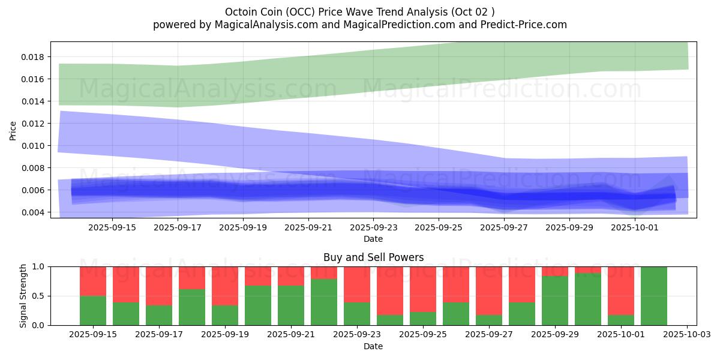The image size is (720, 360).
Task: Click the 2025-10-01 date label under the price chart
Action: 635,227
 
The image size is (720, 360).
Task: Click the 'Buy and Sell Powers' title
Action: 373,257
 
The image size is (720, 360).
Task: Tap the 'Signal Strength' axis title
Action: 23,295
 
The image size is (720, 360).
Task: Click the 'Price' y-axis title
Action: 13,130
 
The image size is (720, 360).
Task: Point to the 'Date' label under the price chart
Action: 373,239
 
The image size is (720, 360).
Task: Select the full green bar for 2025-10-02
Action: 653,296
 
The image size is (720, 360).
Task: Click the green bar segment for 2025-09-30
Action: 588,299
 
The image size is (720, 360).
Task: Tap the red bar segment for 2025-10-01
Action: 621,290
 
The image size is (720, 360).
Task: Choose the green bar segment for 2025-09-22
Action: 324,302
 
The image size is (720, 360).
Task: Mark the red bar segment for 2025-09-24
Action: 390,290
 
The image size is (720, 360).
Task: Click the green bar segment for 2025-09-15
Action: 93,310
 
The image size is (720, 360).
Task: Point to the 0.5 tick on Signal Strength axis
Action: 40,296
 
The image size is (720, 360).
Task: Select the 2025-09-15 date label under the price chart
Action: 112,227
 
